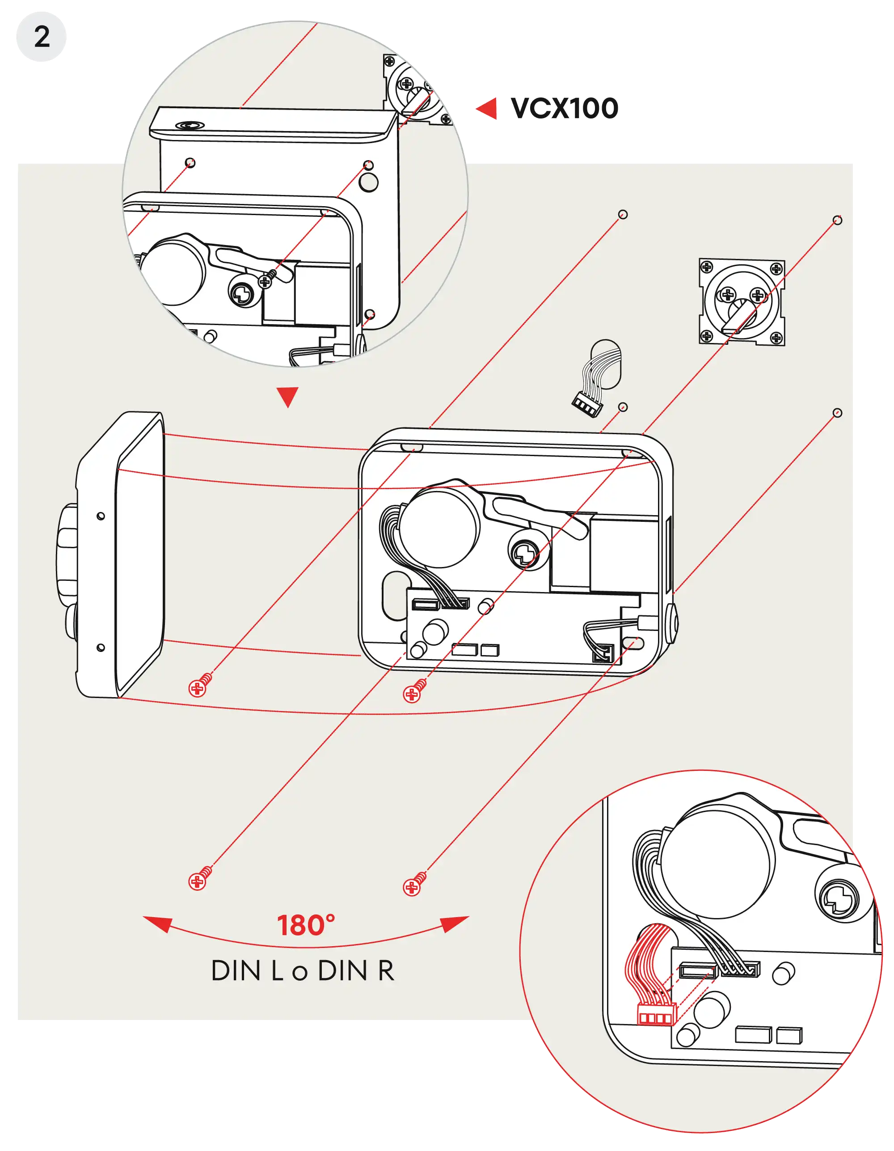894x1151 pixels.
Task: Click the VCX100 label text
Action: coord(564,109)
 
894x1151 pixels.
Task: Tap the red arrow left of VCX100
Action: coord(488,109)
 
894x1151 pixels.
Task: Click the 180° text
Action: coord(306,926)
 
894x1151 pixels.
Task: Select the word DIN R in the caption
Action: coord(356,971)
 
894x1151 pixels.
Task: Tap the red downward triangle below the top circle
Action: coord(287,396)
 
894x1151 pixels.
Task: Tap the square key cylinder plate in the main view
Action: coord(741,302)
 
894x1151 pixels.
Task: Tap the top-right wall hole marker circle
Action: coord(837,220)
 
